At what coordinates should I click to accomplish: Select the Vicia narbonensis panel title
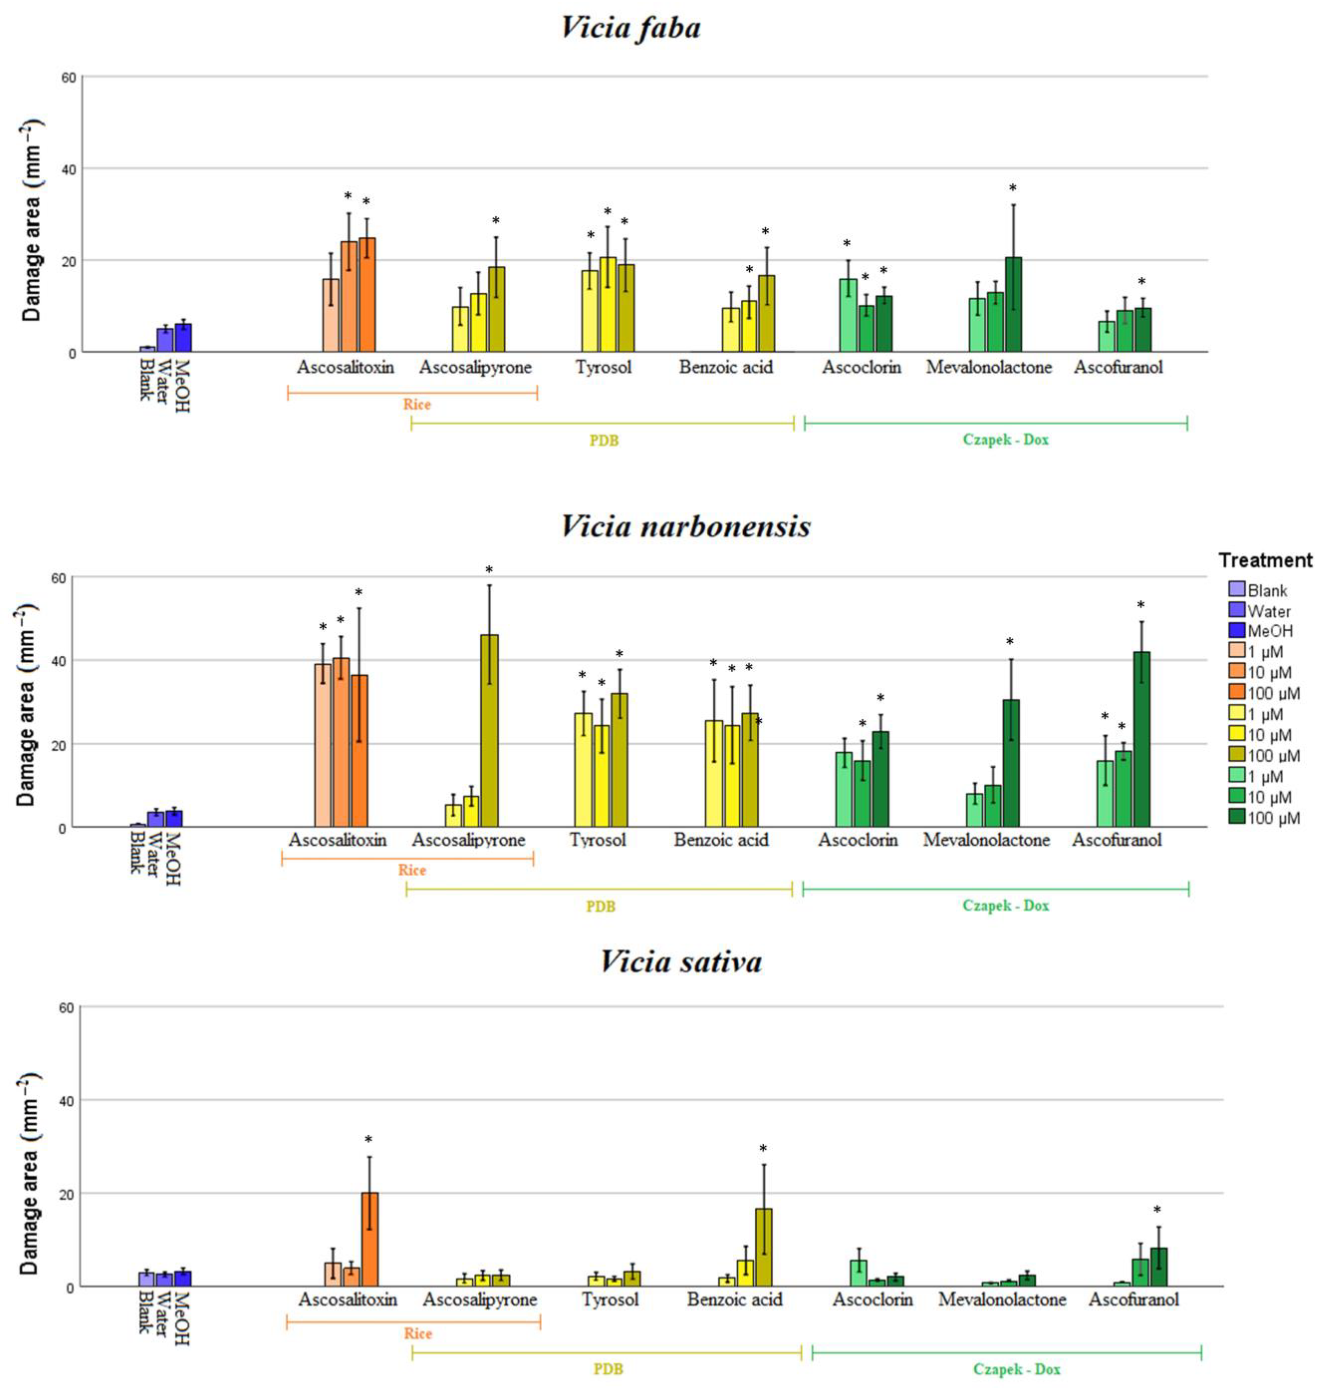685,526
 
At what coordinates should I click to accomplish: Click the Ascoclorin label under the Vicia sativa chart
872,1299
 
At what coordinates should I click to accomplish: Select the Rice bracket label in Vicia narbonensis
412,870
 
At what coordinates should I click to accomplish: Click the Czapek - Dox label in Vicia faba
1005,440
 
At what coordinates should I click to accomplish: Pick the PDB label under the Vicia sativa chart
607,1369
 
